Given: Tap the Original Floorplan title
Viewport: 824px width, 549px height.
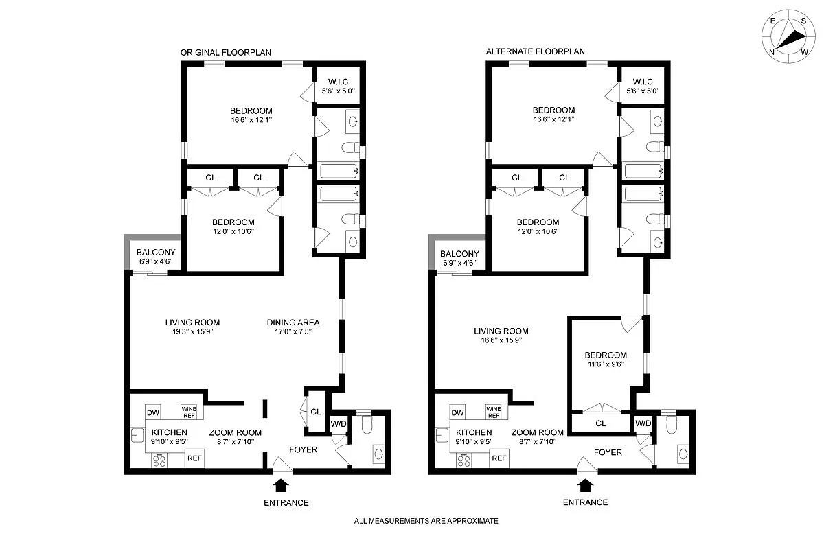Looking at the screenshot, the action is (x=225, y=53).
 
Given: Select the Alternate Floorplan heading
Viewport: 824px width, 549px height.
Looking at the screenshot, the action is (x=535, y=51).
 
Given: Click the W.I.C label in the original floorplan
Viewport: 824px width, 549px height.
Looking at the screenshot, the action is (x=338, y=82).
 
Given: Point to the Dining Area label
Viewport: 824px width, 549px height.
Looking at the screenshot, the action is (x=293, y=323).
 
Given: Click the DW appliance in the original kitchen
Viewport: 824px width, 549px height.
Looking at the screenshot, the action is (x=153, y=412).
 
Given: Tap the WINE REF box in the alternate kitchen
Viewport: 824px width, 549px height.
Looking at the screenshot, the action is (x=493, y=412).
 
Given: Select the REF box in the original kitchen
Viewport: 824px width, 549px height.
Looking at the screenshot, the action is (x=194, y=458).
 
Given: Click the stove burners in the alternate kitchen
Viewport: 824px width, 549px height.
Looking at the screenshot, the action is (x=464, y=460).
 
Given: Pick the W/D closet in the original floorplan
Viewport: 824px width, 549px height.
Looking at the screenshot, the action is (x=339, y=423).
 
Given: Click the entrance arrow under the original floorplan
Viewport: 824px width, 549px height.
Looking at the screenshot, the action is (x=281, y=485).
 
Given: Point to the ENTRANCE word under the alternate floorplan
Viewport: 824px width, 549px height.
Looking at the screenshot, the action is (x=585, y=502).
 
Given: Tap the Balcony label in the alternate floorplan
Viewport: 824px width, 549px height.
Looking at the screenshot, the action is (x=459, y=254).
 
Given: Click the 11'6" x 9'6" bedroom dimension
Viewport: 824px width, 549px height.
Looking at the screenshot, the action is (x=606, y=364).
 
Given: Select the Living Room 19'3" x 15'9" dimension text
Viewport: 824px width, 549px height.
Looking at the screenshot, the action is (x=193, y=331).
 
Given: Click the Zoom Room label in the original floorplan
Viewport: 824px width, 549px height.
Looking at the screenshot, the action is (x=236, y=432).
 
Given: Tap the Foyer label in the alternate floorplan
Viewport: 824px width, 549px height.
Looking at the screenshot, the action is (x=608, y=452).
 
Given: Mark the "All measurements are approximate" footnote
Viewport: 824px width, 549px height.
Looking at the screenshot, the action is (x=426, y=521).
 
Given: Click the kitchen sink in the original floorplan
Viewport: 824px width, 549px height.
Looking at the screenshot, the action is (x=137, y=435).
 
